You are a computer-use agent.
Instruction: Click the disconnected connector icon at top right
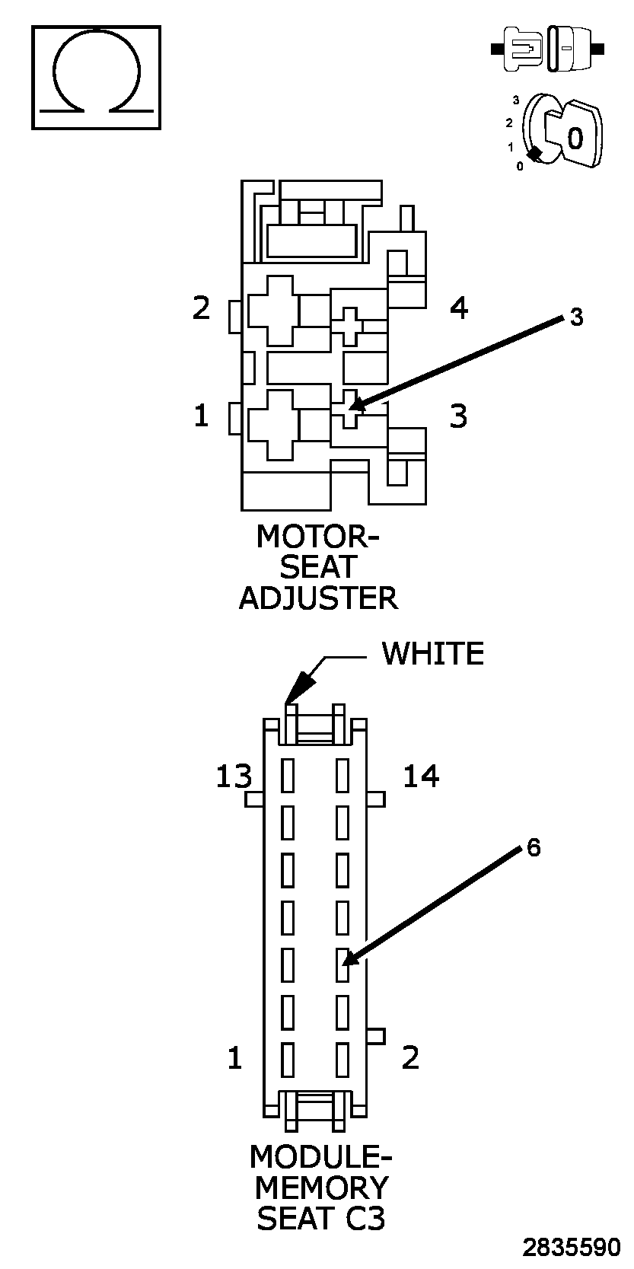coord(547,49)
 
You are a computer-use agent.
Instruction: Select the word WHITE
coord(432,654)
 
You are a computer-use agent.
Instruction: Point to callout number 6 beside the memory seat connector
coord(534,847)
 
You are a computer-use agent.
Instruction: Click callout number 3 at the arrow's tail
coord(576,317)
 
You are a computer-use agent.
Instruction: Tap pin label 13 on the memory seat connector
coord(233,777)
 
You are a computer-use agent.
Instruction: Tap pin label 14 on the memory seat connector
coord(421,777)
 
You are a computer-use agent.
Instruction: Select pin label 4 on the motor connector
coord(458,308)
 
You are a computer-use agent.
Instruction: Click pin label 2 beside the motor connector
coord(201,308)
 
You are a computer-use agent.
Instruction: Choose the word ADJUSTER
coord(318,598)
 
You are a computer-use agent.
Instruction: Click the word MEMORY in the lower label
coord(320,1188)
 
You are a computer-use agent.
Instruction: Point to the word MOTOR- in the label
coord(317,537)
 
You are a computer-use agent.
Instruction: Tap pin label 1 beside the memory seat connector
coord(234,1058)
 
